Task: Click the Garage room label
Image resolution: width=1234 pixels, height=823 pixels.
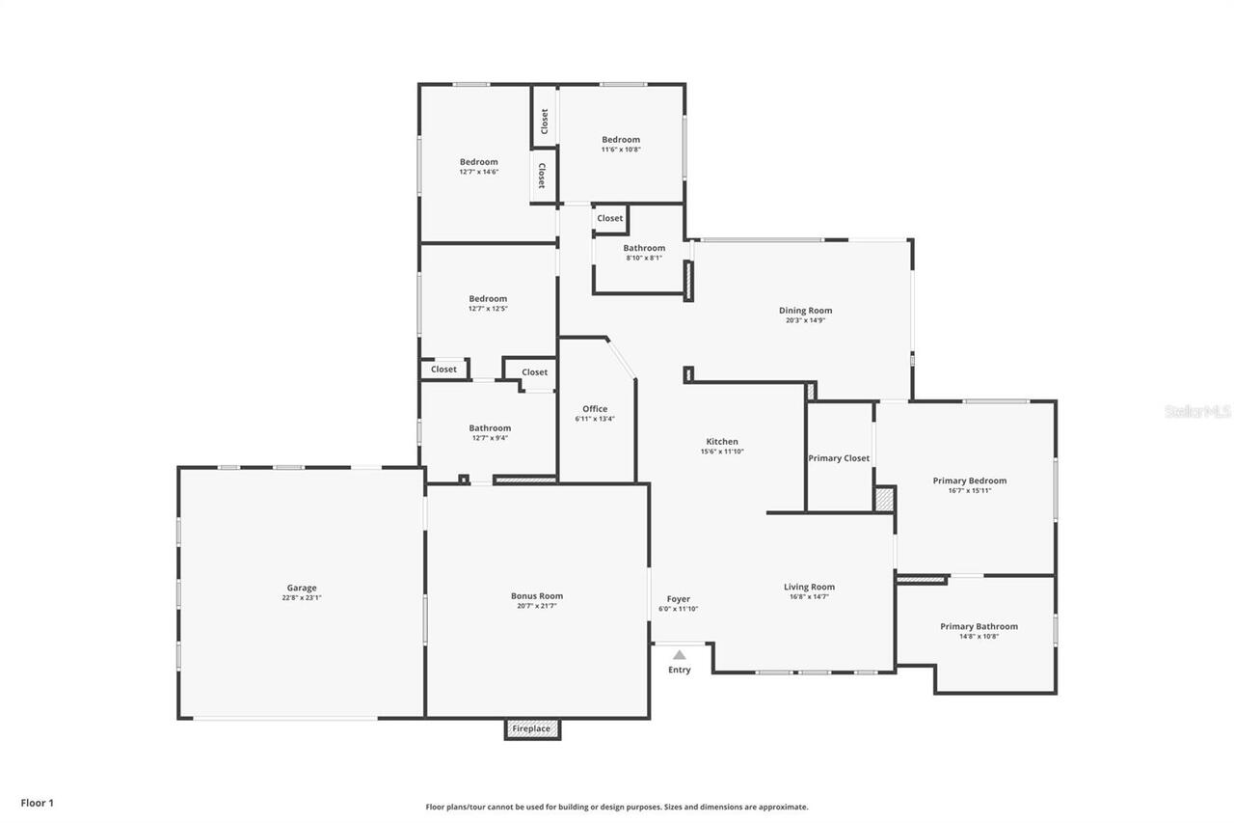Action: [301, 588]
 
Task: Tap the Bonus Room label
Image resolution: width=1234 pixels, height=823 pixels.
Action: [537, 596]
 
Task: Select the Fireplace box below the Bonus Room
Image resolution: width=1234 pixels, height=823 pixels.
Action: [532, 728]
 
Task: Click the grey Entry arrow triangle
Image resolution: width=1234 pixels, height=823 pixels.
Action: [680, 655]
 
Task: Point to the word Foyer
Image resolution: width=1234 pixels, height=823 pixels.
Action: [679, 599]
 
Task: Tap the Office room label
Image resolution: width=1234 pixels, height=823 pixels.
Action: [595, 409]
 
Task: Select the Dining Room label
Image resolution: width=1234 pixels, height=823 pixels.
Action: [805, 311]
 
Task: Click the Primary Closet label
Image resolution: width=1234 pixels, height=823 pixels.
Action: [839, 458]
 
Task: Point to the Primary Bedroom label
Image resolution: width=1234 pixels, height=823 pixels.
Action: [969, 480]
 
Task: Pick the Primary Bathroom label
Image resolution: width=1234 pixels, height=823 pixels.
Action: [979, 626]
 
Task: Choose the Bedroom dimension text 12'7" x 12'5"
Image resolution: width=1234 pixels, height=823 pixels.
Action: [487, 309]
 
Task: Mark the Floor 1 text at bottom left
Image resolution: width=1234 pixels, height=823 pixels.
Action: [38, 803]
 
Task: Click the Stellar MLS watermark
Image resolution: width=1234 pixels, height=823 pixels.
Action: [1198, 412]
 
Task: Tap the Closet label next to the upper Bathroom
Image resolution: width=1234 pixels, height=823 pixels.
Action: [609, 218]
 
